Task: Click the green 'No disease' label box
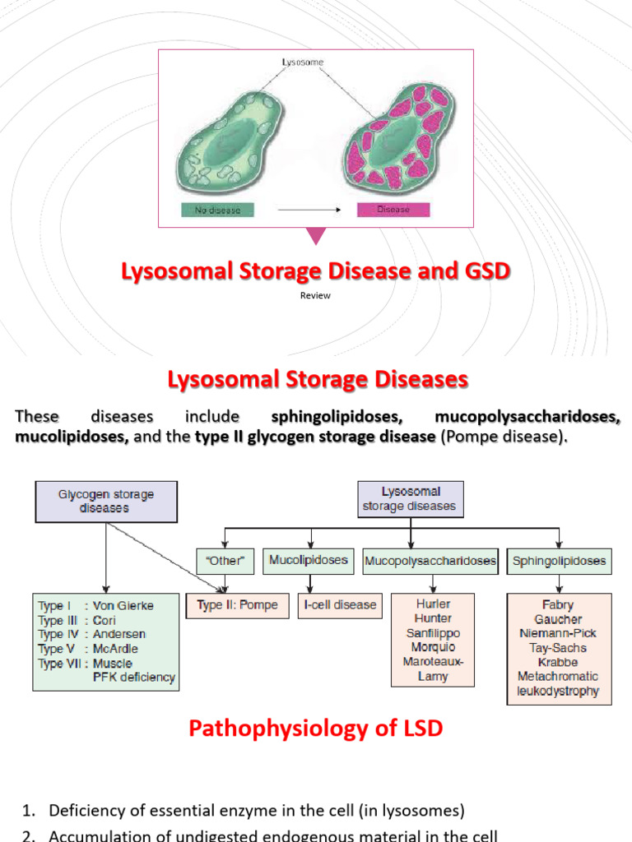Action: coord(218,209)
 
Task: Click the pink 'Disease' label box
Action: coord(393,209)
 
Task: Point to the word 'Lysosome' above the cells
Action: coord(301,62)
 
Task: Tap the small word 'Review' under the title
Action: coord(315,296)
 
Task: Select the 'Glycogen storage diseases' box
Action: coord(105,502)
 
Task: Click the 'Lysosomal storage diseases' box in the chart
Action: coord(409,499)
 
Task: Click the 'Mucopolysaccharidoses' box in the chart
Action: coord(431,562)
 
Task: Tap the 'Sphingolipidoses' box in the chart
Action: coord(559,562)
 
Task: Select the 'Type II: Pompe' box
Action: coord(237,605)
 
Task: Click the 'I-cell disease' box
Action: coord(341,605)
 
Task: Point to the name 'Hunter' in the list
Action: coord(433,618)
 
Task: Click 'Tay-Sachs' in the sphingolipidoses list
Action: coord(559,648)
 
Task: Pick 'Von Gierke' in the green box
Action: coord(123,605)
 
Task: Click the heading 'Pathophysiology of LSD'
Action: coord(316,729)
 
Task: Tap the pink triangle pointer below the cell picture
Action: coord(316,236)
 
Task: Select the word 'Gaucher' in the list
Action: coord(559,618)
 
